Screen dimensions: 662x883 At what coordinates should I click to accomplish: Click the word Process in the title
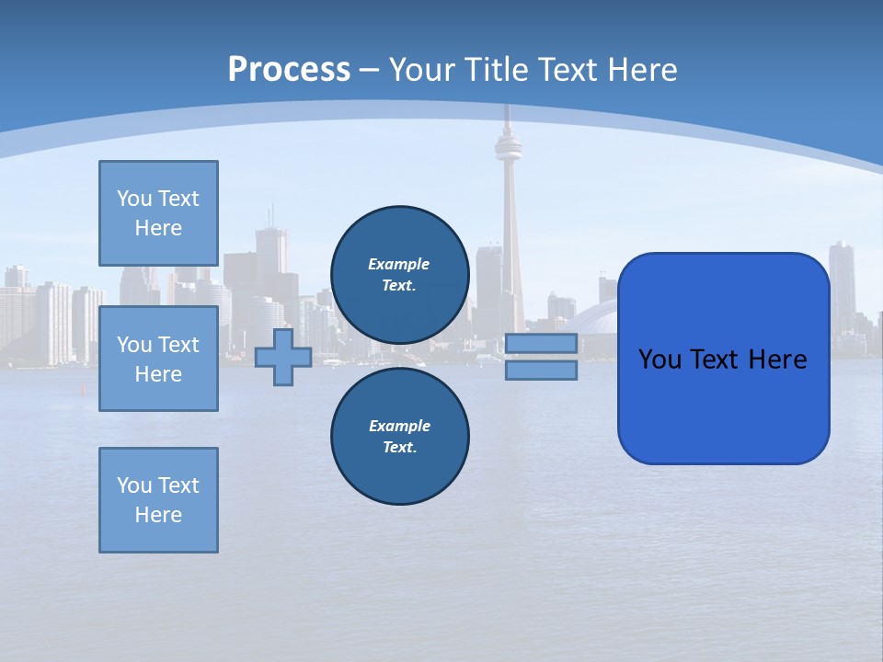click(289, 70)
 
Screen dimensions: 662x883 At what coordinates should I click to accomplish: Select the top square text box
click(158, 213)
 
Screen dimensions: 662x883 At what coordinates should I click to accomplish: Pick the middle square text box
click(158, 359)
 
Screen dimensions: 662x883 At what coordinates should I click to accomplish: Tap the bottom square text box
click(158, 500)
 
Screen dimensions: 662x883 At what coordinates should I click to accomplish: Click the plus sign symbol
click(283, 358)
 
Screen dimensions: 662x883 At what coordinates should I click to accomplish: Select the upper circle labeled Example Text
click(399, 274)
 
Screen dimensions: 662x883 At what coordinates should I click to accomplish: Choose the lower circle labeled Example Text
click(399, 436)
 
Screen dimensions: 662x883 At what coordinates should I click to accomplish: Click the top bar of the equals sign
click(541, 344)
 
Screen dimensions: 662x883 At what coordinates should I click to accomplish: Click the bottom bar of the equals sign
click(541, 371)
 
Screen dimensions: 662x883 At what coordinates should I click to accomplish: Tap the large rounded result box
click(723, 359)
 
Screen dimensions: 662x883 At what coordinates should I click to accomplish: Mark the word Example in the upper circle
click(399, 264)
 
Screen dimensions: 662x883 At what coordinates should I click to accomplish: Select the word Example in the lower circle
click(399, 426)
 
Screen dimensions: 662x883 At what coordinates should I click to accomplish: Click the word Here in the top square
click(158, 228)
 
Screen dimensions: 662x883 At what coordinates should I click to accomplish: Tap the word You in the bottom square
click(133, 485)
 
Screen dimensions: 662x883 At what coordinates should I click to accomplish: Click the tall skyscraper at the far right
click(842, 276)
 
